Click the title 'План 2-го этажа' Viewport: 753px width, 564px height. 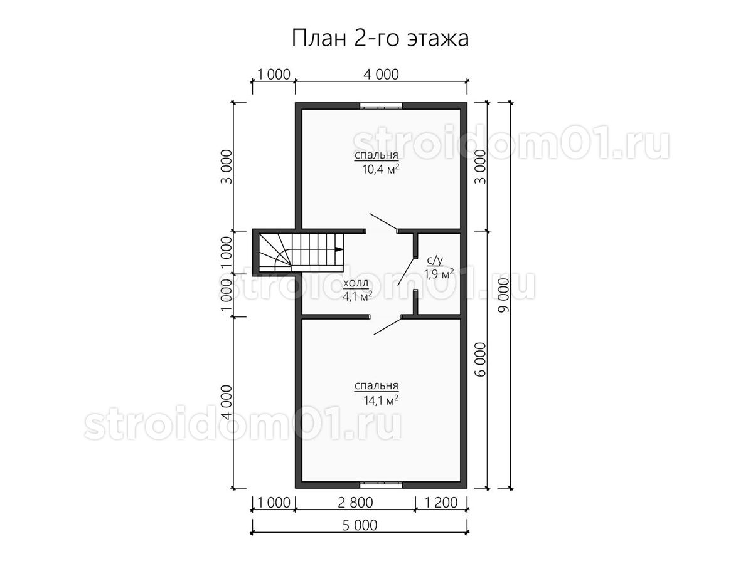coord(380,38)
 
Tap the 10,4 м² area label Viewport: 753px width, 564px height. coord(380,169)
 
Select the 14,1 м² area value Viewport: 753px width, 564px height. coord(380,400)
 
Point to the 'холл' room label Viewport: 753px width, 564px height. coord(356,283)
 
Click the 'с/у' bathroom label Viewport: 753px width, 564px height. coord(435,260)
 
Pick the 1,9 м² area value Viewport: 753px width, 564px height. coord(439,274)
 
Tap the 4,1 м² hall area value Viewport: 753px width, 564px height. coord(358,296)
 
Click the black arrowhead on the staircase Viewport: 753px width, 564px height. coord(339,249)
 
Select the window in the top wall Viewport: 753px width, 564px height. coord(381,106)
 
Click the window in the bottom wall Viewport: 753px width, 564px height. coord(381,484)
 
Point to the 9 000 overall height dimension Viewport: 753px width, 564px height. coord(504,295)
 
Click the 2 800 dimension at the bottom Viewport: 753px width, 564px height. coord(355,503)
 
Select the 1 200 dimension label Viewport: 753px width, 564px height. coord(441,503)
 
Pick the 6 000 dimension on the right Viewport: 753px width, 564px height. coord(481,360)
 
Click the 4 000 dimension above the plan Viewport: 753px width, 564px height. coord(381,75)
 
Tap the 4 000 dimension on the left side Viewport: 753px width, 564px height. coord(227,403)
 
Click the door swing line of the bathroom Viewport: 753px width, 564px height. coord(407,271)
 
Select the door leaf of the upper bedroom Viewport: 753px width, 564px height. coord(383,222)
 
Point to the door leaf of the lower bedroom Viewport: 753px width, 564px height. coord(388,326)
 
